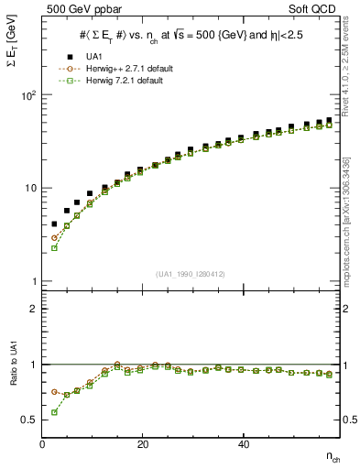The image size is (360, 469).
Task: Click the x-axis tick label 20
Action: coord(142,444)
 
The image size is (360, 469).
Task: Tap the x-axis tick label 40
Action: coord(243,444)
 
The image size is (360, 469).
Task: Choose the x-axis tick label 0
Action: coord(43,444)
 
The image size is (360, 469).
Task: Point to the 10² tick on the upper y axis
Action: coord(29,95)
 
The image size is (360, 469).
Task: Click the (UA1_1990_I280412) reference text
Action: coord(191,273)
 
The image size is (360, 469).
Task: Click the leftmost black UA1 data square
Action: coord(54,224)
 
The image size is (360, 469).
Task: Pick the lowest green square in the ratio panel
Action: coord(54,412)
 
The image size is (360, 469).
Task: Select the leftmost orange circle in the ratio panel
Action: coord(54,391)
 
